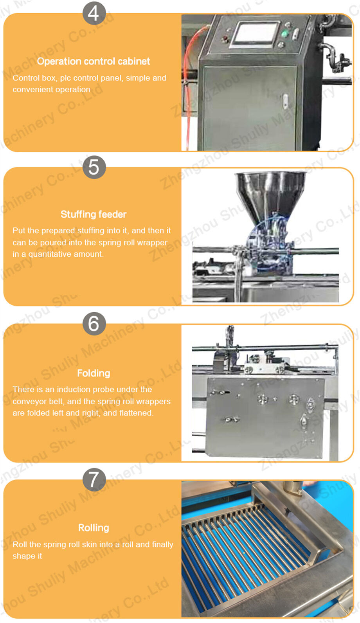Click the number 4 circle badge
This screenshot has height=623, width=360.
tap(94, 13)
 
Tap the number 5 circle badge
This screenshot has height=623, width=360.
tap(94, 167)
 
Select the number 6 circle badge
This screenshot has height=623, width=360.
tap(94, 324)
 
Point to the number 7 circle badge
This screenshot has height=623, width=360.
tap(94, 480)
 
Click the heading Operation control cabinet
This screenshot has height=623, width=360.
tap(94, 61)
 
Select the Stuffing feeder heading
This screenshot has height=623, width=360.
tap(94, 214)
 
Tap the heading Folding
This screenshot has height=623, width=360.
tap(94, 373)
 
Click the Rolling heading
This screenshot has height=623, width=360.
tap(94, 528)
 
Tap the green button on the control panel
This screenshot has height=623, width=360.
tap(284, 34)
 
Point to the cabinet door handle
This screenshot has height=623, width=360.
tap(285, 101)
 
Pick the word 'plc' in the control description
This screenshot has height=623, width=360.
tap(65, 78)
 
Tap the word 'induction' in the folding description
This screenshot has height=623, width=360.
tap(73, 389)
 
